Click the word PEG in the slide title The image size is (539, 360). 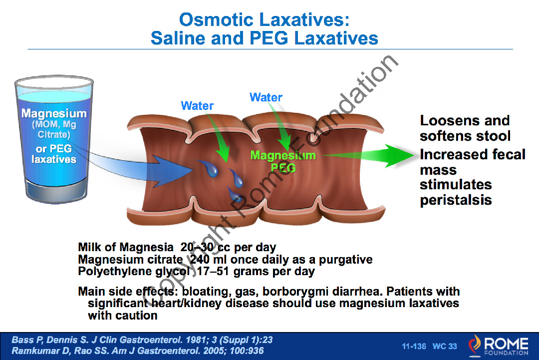[x=269, y=38]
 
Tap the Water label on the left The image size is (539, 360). [x=197, y=105]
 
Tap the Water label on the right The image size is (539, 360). [x=266, y=97]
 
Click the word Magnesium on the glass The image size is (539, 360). [x=54, y=113]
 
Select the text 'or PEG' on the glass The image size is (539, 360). [x=53, y=148]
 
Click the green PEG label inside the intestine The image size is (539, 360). [x=283, y=168]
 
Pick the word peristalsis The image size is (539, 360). [x=456, y=200]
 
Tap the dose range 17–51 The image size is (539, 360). [x=213, y=271]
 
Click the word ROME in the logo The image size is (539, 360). [x=506, y=343]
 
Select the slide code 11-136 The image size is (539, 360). [x=414, y=346]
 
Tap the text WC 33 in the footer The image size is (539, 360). [x=445, y=346]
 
